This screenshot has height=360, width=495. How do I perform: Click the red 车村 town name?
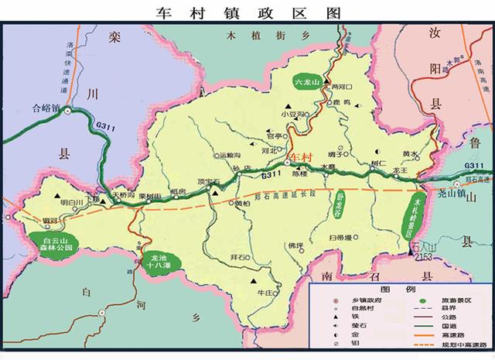[299, 157]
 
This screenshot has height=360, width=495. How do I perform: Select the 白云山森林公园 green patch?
[56, 244]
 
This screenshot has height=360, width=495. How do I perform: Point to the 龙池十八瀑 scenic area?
[162, 261]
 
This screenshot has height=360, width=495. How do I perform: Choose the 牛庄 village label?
[265, 293]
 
